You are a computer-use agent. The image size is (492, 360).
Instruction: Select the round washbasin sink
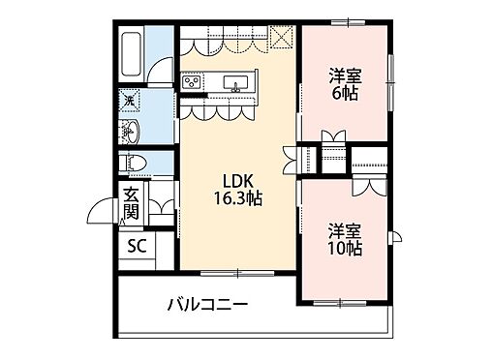click(x=133, y=132)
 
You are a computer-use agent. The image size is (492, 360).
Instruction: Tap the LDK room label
click(x=237, y=180)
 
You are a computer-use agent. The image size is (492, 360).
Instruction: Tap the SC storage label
click(x=138, y=245)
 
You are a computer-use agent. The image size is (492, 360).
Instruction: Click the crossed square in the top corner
click(x=282, y=38)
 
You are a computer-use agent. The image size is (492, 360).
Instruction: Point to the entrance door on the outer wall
click(x=100, y=210)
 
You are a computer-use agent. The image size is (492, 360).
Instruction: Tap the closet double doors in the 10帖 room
click(x=365, y=187)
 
